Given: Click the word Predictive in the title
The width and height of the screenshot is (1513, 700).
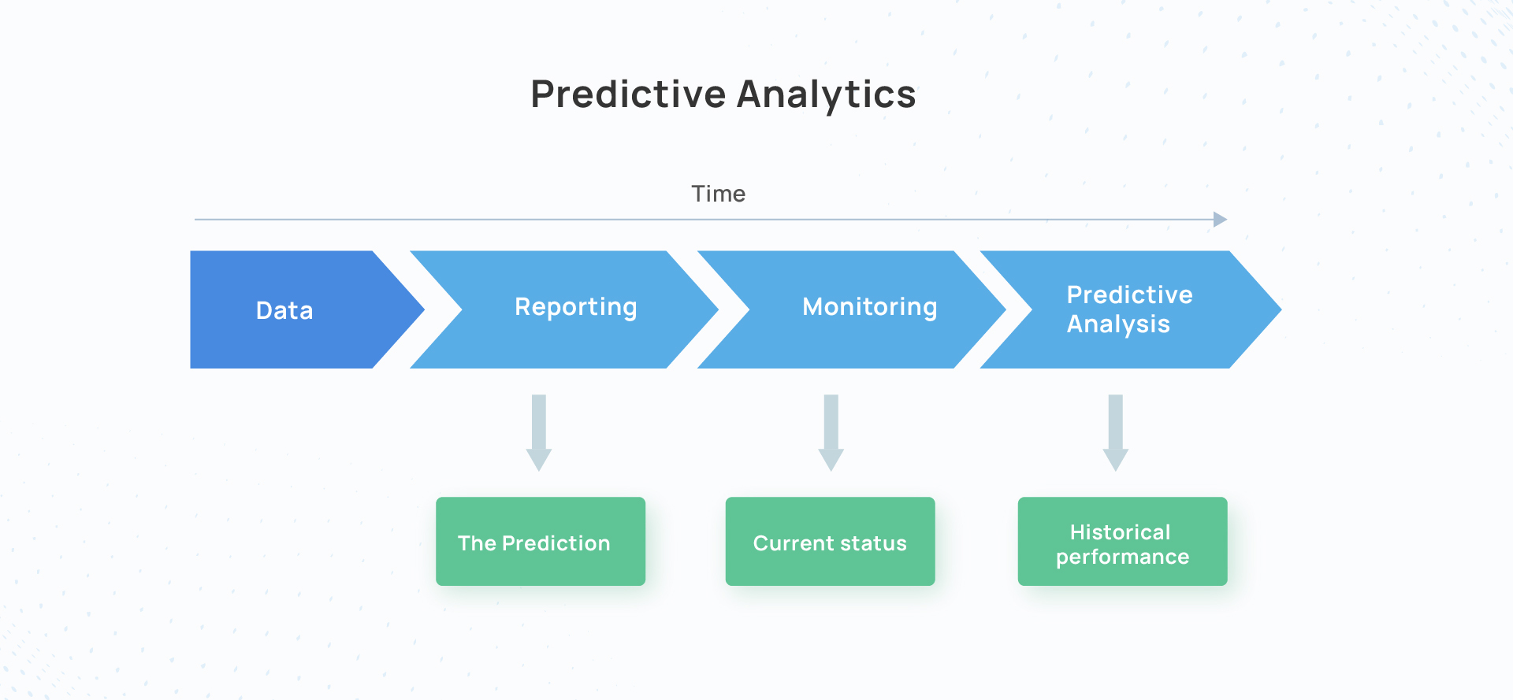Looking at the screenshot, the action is (628, 94).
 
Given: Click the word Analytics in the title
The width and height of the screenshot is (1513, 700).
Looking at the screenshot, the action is (827, 95).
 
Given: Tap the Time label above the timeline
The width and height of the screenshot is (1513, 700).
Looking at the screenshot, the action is (719, 194).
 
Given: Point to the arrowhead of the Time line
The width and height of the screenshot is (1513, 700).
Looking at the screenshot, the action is (1221, 220).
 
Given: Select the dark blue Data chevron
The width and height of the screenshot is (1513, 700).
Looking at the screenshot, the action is (299, 309).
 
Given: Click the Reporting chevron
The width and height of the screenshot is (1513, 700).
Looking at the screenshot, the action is (564, 309).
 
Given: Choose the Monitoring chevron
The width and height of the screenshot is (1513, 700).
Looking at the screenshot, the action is (852, 309).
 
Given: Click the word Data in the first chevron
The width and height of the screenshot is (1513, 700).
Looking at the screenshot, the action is (284, 310).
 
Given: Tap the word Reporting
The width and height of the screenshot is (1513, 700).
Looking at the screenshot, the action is (576, 308).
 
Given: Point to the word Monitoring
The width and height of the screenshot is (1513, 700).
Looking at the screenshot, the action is (870, 308).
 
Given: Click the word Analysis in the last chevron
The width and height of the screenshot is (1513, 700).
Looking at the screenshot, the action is (1118, 324).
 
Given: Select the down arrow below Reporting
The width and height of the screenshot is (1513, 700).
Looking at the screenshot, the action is (539, 433).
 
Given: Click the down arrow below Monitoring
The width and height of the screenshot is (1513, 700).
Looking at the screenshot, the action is (831, 433).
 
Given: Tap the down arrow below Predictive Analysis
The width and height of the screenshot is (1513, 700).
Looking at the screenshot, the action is (1116, 433).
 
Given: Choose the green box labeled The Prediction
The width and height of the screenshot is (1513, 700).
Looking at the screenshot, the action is (541, 541).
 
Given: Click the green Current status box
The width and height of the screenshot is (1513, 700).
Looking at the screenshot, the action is (831, 541).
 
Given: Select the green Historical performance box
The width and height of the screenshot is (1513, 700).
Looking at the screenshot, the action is (1123, 541).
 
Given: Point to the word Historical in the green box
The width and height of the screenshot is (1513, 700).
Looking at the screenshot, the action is (1121, 532).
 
